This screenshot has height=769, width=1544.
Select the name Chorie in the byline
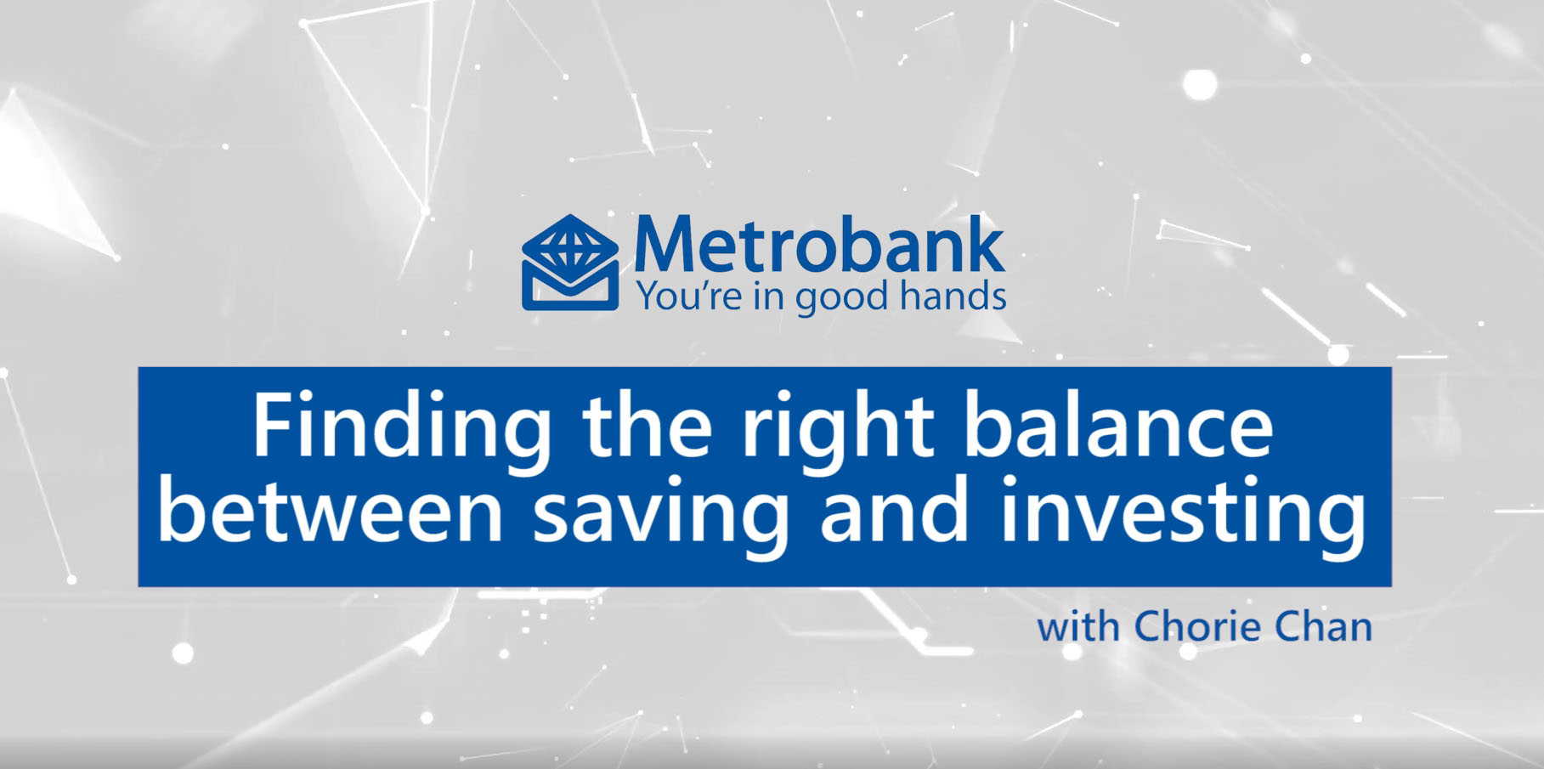[1205, 628]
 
